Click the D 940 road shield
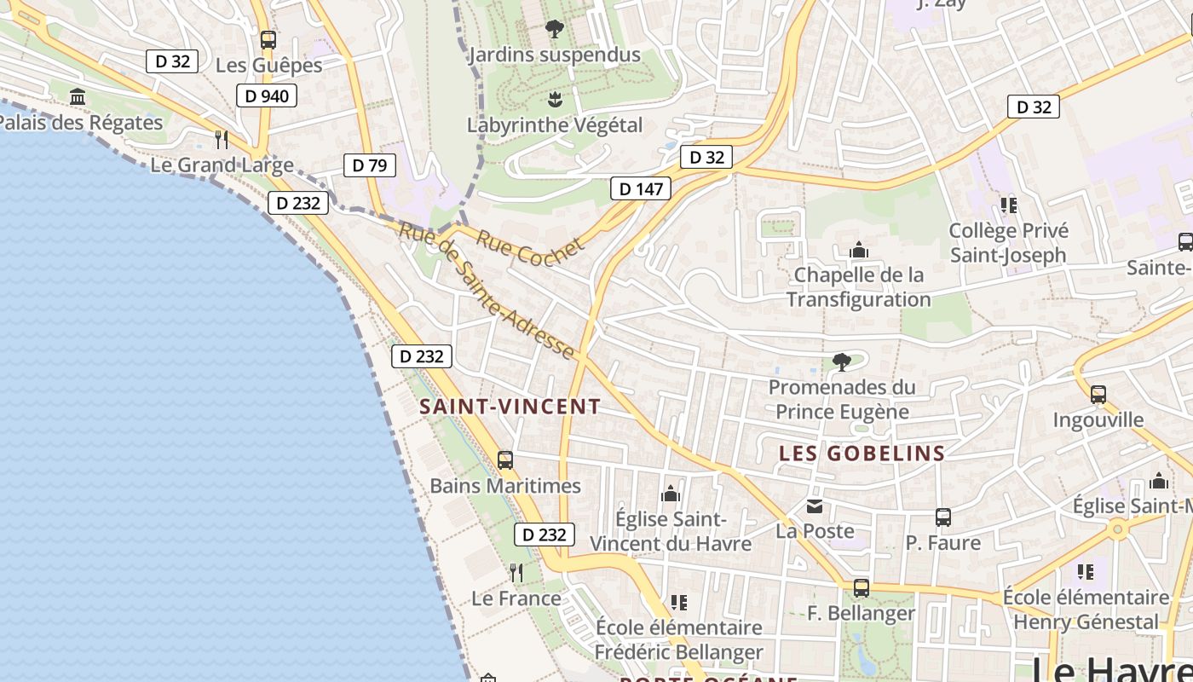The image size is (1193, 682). pos(267,96)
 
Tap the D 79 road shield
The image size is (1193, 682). pos(370,165)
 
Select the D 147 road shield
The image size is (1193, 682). pos(640,189)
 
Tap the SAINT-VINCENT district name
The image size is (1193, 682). pos(510,407)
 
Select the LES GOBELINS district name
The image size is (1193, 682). pos(862,454)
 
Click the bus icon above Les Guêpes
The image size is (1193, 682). pos(268,39)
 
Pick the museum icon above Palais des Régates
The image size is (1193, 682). pos(78,97)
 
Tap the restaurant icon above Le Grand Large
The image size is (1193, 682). pos(222,139)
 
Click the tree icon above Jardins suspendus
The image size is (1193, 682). pos(554,29)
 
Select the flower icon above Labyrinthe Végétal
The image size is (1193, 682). pos(555,100)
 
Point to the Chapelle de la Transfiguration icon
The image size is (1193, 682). pos(859,250)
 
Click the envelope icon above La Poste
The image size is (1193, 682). pos(815,506)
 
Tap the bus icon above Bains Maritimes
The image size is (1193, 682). pos(505,460)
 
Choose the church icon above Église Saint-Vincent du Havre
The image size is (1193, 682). pos(671,494)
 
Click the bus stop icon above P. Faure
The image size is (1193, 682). pos(942,517)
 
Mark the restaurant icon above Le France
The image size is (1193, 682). pos(516,572)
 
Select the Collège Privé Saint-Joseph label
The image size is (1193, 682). pos(1008,243)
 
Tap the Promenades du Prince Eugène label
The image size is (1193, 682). pos(842,399)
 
